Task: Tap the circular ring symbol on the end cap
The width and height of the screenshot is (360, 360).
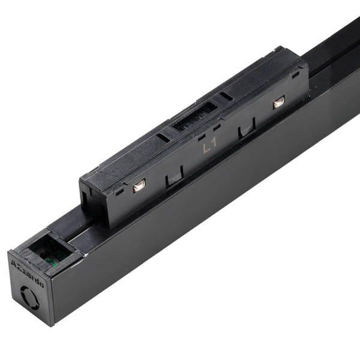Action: click(31, 296)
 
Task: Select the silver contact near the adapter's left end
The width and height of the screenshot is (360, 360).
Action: click(138, 187)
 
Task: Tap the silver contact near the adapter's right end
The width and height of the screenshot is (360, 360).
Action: click(278, 103)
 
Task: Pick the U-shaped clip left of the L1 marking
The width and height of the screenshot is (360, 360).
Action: click(174, 176)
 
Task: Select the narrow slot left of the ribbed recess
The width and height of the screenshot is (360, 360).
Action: click(163, 137)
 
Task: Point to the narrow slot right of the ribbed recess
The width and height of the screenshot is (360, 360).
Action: click(226, 96)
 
